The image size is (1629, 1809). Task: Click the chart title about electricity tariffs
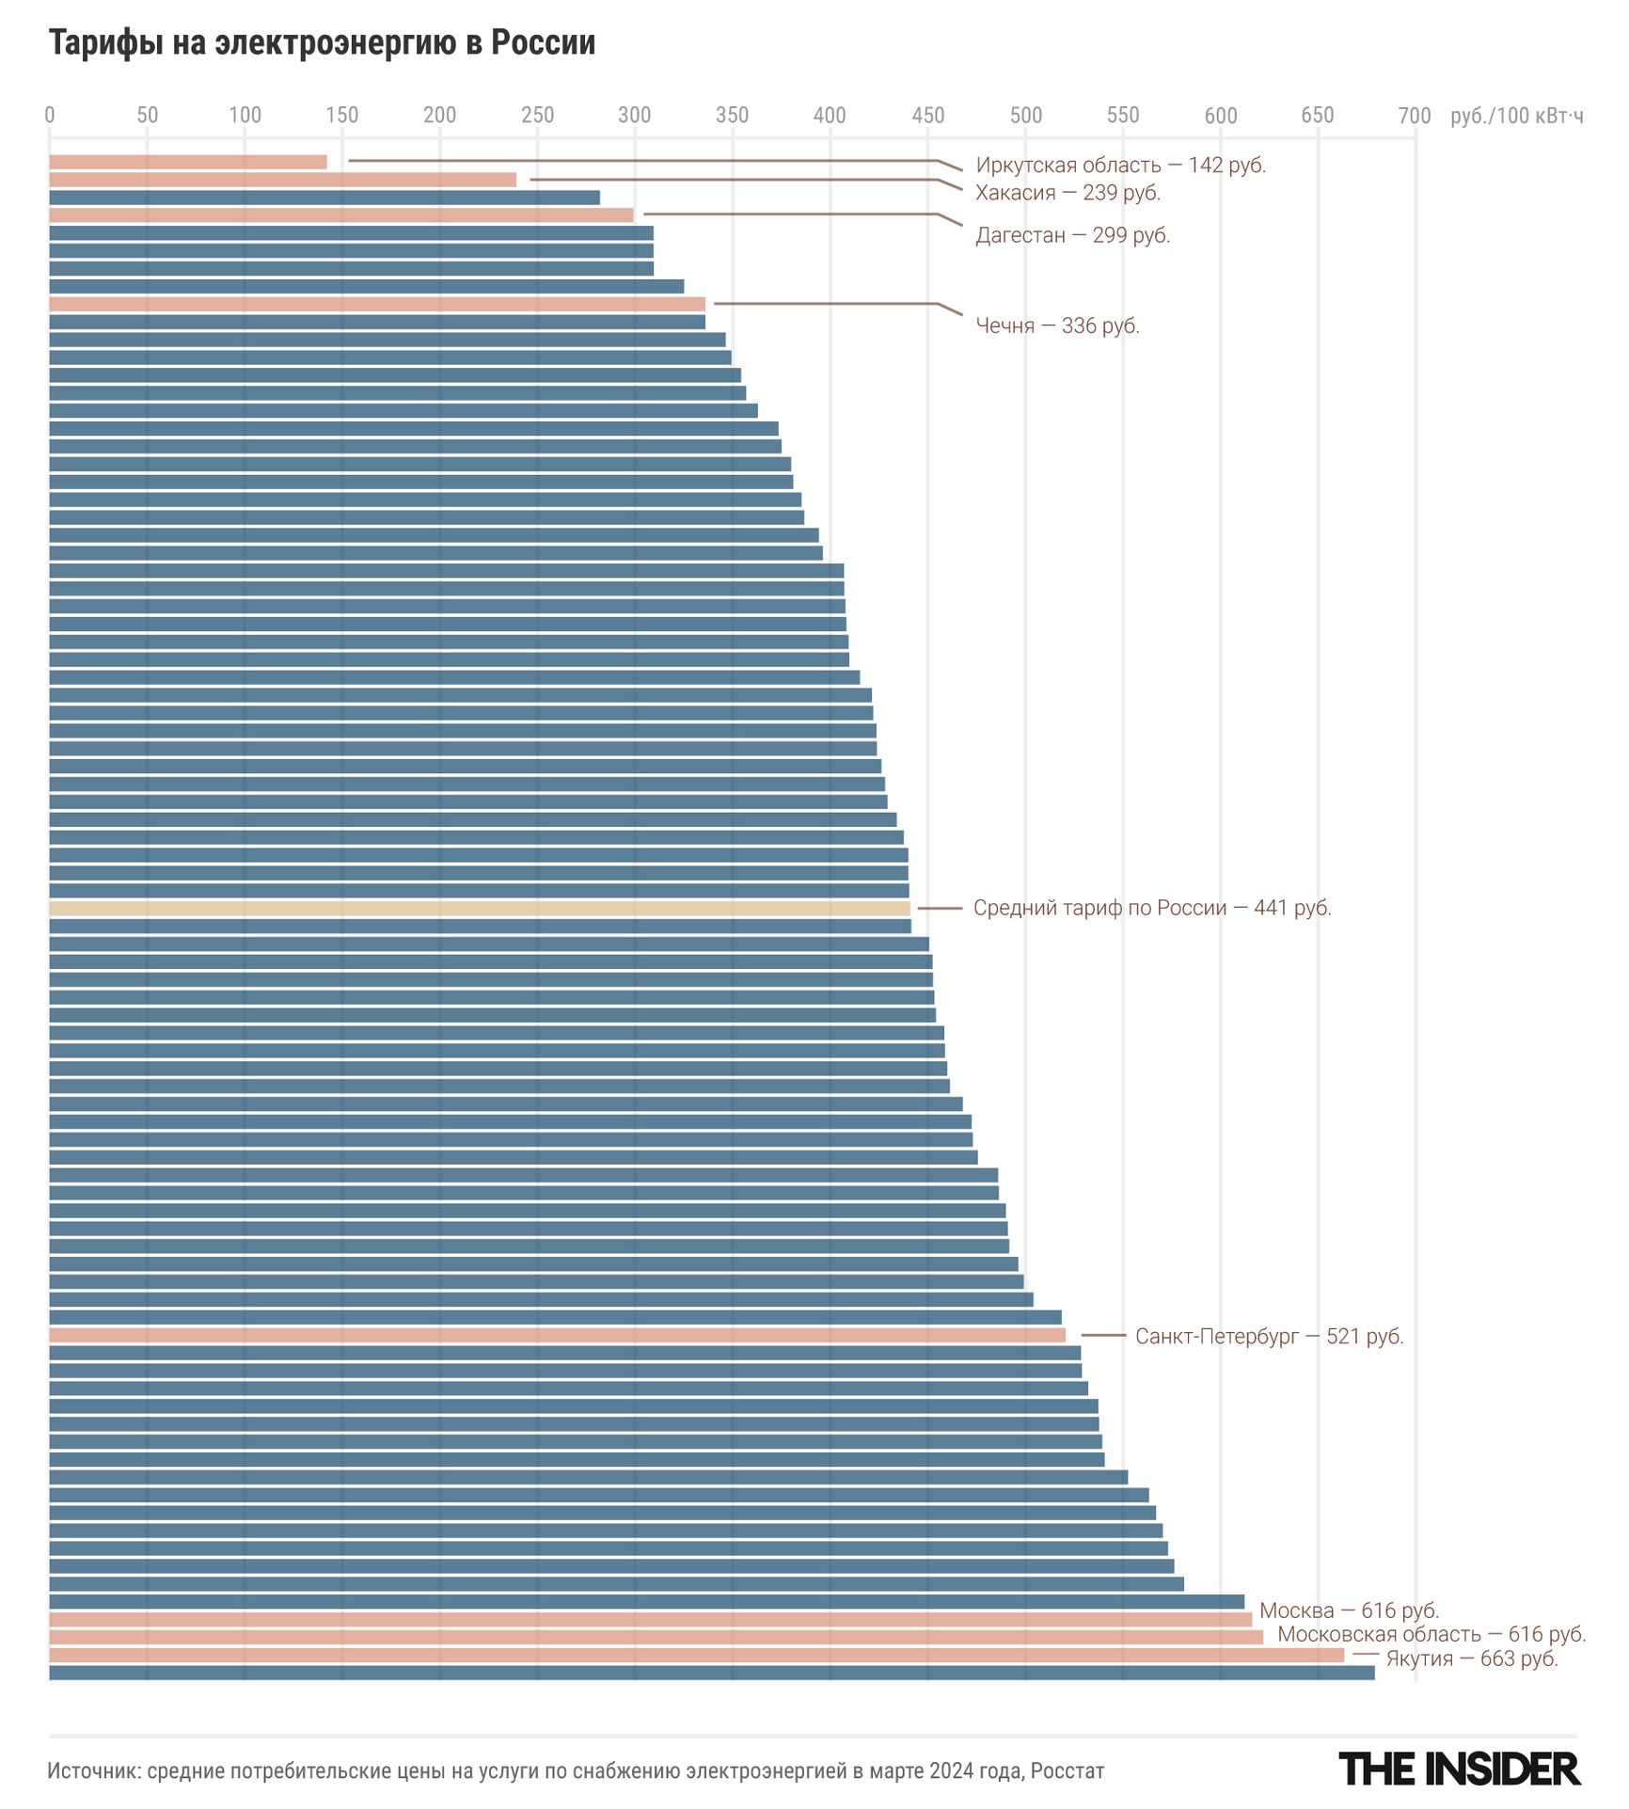(322, 43)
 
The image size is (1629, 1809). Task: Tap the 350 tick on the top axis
(732, 116)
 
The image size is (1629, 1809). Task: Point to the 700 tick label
(1414, 116)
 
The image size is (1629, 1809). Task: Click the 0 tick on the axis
(50, 116)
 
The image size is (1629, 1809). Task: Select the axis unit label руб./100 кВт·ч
(1516, 116)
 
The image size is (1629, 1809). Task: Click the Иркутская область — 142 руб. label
(1120, 166)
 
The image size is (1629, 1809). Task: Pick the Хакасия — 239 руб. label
(1068, 193)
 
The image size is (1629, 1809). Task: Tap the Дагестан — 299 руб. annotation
(1072, 235)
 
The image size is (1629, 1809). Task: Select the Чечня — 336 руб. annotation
(1057, 326)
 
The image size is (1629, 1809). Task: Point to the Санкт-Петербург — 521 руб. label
(1269, 1337)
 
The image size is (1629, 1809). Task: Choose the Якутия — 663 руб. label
(1471, 1658)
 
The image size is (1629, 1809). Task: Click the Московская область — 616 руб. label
(1431, 1635)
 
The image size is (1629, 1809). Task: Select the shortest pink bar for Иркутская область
(188, 163)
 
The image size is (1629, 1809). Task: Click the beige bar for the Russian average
(480, 909)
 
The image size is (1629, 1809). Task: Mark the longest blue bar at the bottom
(711, 1673)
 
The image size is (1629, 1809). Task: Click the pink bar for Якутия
(696, 1655)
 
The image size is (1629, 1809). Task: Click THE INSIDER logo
(1459, 1769)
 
